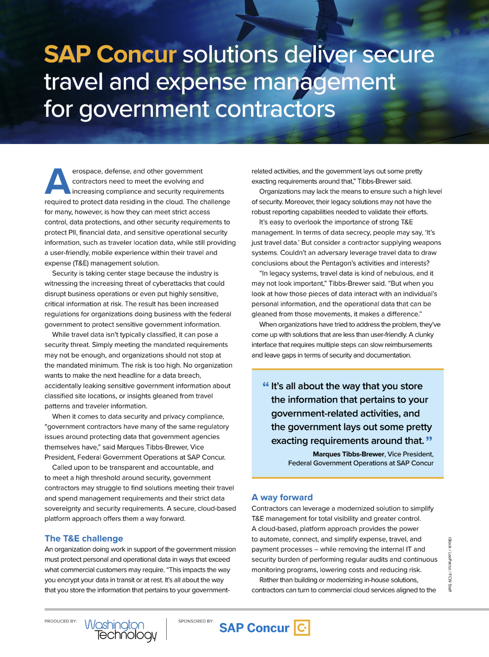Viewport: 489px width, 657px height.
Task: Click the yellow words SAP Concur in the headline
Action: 110,54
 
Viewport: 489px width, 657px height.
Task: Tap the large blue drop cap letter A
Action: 58,181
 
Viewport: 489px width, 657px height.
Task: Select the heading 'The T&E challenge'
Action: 84,538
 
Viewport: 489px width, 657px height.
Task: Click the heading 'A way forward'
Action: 282,497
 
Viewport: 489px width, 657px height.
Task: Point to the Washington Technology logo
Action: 121,629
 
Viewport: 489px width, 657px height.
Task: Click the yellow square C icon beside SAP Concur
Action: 302,628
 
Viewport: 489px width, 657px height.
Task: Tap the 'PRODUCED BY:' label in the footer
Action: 61,621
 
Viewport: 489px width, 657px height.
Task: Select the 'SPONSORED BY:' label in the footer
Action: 196,621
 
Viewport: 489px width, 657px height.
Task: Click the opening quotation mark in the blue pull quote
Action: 266,385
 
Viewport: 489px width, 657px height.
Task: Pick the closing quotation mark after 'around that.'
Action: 429,439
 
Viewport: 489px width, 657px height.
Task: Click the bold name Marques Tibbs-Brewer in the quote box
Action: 349,454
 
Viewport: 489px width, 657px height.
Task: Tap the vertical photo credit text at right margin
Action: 450,564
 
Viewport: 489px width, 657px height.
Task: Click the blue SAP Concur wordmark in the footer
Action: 254,628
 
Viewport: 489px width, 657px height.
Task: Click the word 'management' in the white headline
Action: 324,82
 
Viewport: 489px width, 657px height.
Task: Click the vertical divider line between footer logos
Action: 167,629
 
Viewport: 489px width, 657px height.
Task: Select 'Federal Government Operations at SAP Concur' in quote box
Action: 361,463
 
